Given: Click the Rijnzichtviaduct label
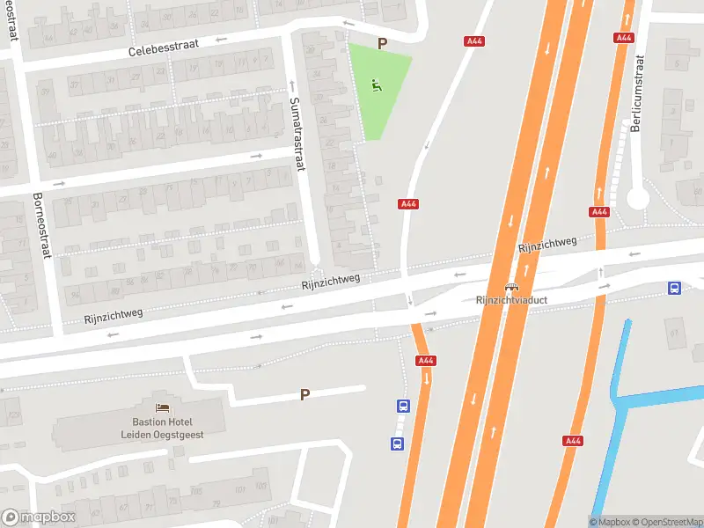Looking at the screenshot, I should (x=511, y=300).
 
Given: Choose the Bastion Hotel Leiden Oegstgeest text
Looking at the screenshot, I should (x=163, y=429).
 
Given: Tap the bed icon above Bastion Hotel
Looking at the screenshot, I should (x=162, y=407).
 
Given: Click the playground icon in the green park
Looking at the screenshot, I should (x=377, y=85).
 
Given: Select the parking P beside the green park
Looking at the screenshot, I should (x=382, y=43).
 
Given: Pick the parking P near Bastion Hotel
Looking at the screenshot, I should (x=304, y=395).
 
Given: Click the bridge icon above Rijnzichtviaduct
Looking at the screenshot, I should (x=511, y=287).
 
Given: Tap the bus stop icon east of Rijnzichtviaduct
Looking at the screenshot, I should (x=675, y=287).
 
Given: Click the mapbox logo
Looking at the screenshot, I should (x=38, y=517).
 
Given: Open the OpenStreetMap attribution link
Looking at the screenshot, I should (x=667, y=522).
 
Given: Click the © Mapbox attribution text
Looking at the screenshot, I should (x=609, y=522).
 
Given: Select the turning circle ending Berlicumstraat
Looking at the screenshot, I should (x=637, y=199).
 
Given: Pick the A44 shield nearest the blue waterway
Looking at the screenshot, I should (x=574, y=441).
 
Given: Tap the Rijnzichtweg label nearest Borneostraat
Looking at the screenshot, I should (x=114, y=314).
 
